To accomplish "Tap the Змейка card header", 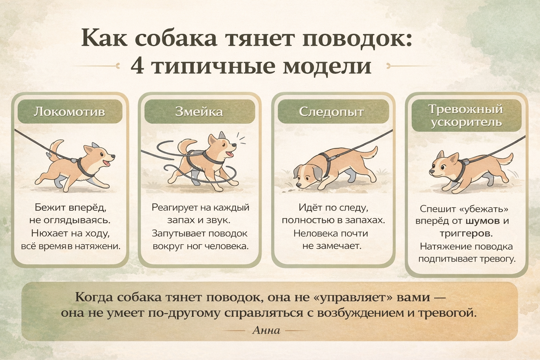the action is (200, 112).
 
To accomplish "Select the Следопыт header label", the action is (333, 112).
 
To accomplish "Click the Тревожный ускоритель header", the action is (467, 116).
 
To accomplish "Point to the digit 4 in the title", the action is (138, 66).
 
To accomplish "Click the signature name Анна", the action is (266, 330).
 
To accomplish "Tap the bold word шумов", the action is (483, 221).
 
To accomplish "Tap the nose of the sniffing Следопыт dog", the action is (299, 185).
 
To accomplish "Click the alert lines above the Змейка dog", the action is (240, 139).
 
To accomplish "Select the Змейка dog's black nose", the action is (234, 145).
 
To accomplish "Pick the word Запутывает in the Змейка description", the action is (179, 234).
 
